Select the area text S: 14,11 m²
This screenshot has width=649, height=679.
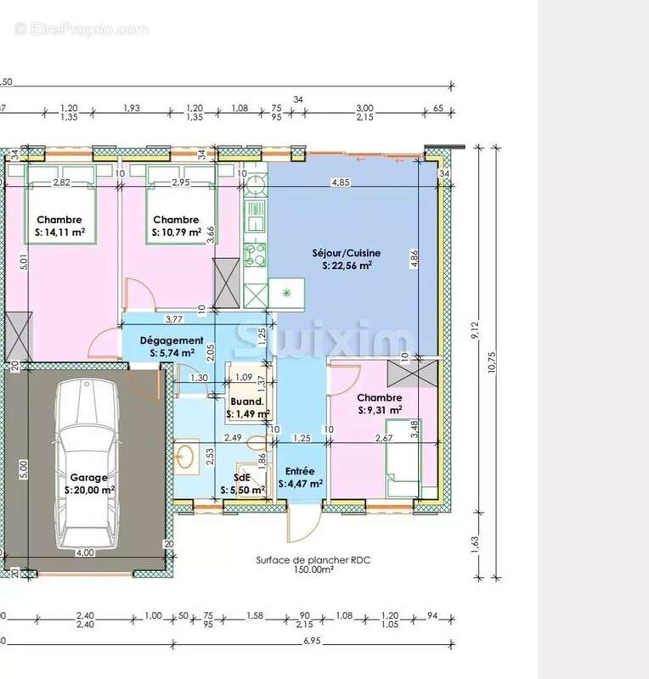point(59,232)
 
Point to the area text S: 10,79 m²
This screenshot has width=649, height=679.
point(177,232)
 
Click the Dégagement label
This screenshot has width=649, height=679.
point(172,340)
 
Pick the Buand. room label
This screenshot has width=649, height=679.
point(247,401)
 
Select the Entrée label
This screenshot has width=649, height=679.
point(300,471)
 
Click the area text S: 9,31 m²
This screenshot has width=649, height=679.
point(380,410)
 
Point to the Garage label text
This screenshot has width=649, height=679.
point(89,477)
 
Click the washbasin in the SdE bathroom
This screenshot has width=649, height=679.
point(185,456)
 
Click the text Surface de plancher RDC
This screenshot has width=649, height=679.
point(313,560)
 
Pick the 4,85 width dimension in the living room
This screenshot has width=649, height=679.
point(340,182)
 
